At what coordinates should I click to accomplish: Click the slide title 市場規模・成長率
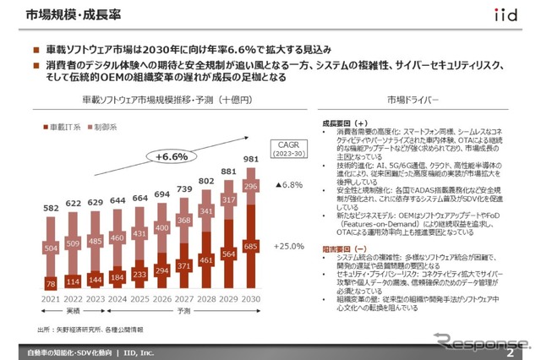[x=61, y=15]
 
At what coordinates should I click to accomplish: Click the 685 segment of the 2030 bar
[x=250, y=246]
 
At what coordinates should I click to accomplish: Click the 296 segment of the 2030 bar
[x=250, y=187]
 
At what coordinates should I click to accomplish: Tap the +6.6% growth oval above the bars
[x=172, y=156]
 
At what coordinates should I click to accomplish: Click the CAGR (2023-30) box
[x=289, y=150]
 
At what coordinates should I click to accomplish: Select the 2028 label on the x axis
[x=205, y=299]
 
